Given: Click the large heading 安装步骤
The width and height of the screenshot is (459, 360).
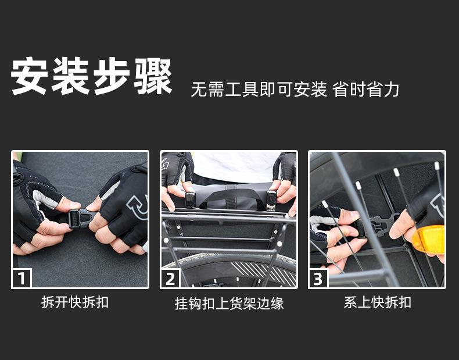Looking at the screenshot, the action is click(91, 76).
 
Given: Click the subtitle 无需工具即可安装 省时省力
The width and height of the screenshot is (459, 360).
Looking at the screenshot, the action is click(295, 90).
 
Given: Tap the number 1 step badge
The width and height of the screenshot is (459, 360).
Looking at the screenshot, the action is click(21, 278).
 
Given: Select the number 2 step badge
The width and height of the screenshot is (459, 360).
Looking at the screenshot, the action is click(170, 278).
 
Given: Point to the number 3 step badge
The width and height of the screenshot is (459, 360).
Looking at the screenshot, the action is click(318, 278).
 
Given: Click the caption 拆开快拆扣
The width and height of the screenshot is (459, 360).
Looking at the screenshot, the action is click(75, 302).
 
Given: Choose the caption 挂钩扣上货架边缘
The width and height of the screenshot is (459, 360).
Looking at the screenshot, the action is click(229, 304).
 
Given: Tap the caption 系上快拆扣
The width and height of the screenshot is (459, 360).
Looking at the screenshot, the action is click(377, 302).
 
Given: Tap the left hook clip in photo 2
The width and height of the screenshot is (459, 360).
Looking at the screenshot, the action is click(190, 199).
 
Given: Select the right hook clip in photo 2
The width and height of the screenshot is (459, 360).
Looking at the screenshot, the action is click(271, 201).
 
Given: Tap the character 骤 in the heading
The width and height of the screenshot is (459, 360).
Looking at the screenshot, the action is click(153, 76).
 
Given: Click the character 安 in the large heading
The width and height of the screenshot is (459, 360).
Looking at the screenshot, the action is click(29, 76).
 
